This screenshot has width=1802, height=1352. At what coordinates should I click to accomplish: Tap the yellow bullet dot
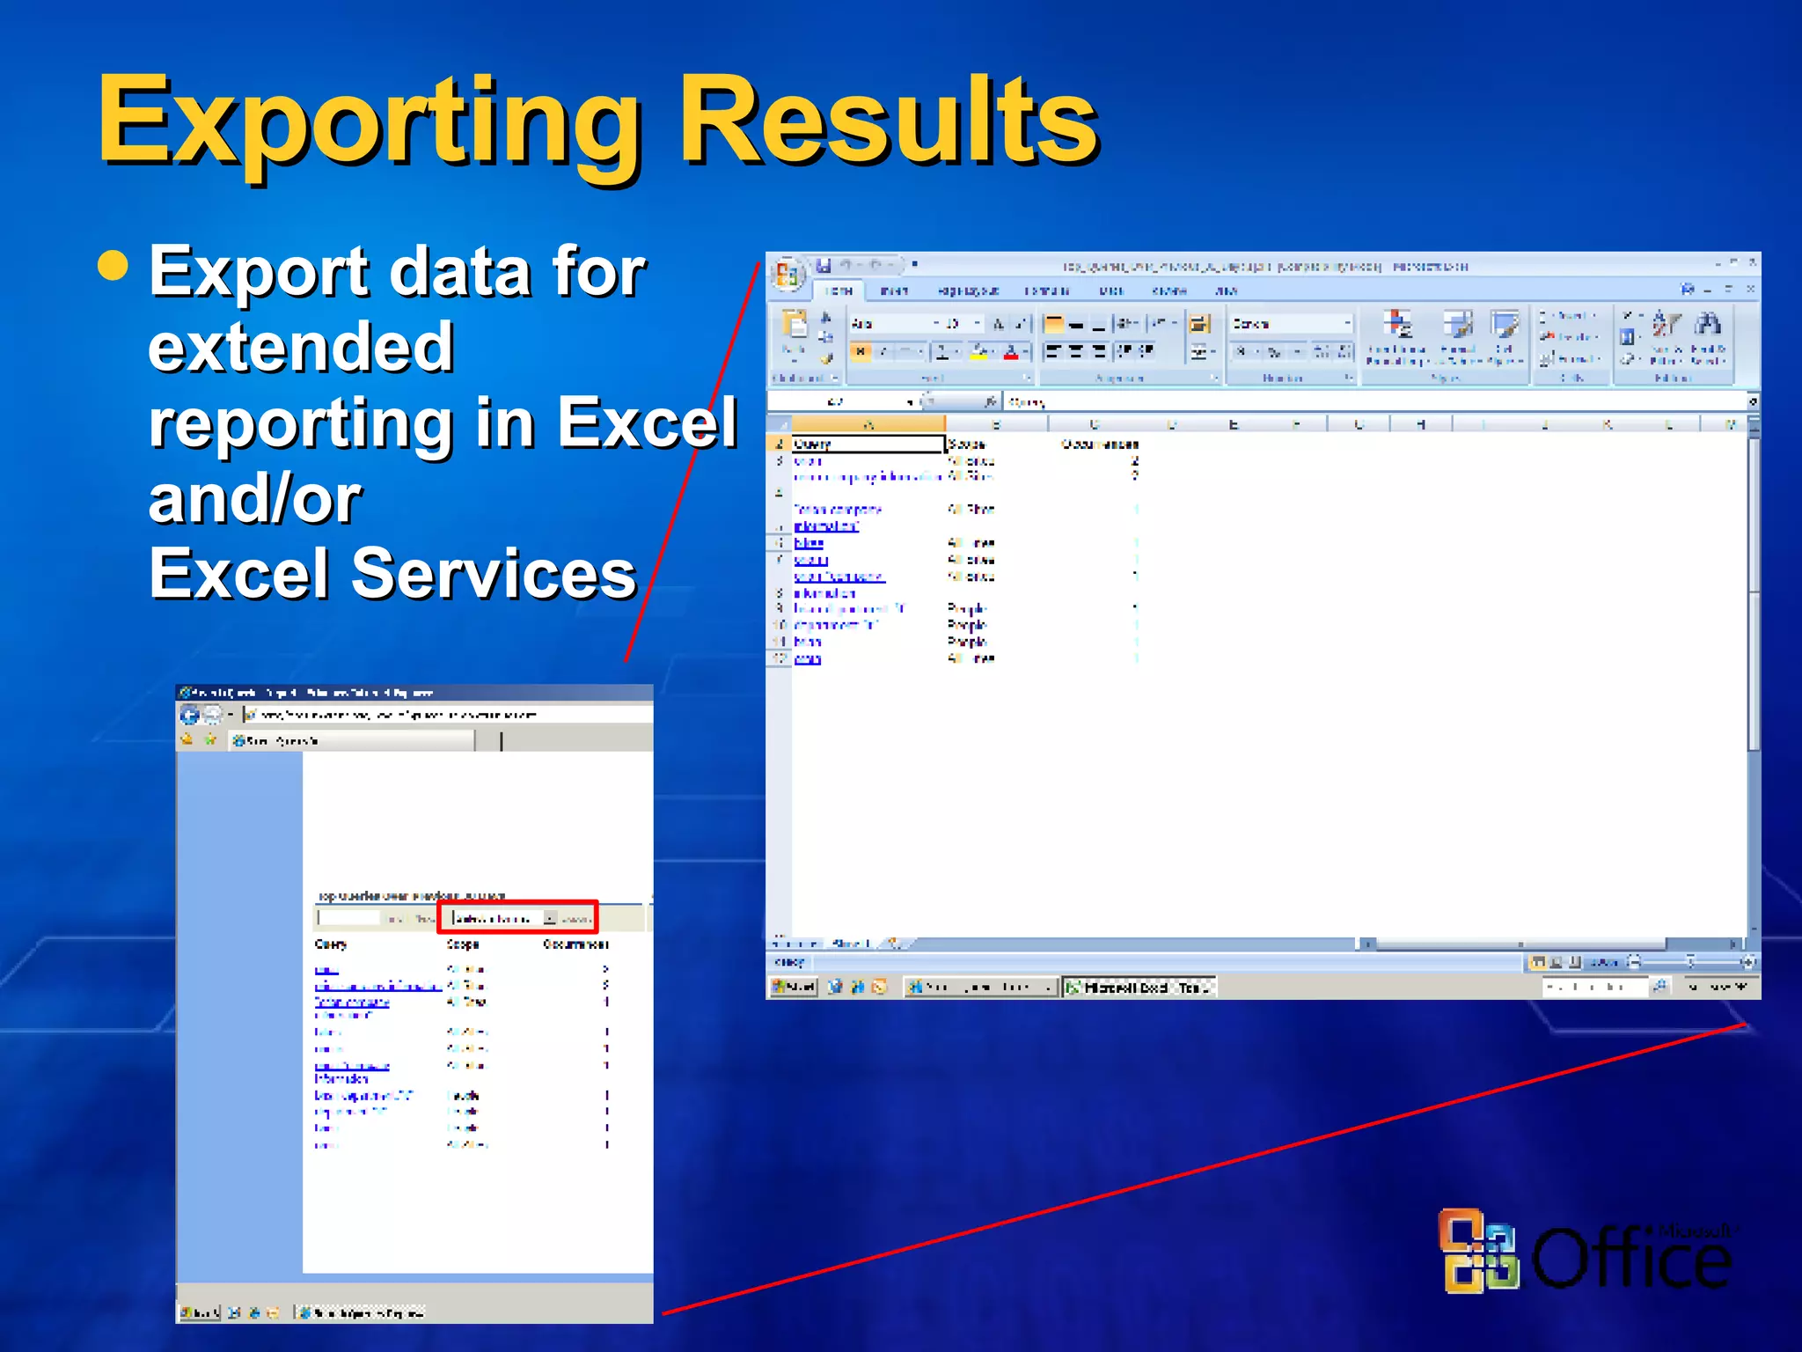pyautogui.click(x=113, y=264)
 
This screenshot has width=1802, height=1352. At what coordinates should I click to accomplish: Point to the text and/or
pyautogui.click(x=255, y=498)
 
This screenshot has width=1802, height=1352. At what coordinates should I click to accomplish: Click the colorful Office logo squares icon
pyautogui.click(x=1478, y=1250)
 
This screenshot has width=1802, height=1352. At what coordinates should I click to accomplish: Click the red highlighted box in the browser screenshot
pyautogui.click(x=517, y=917)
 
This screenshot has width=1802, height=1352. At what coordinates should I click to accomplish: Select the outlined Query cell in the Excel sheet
pyautogui.click(x=867, y=444)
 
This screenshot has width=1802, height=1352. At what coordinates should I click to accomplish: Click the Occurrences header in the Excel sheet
pyautogui.click(x=1099, y=444)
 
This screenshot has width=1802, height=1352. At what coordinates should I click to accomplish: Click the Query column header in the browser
pyautogui.click(x=331, y=944)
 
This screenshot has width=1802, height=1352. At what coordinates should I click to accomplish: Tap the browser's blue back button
pyautogui.click(x=189, y=715)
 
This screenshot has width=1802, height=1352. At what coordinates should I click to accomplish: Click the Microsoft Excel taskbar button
pyautogui.click(x=1139, y=988)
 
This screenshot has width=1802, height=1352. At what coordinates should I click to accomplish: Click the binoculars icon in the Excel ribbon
pyautogui.click(x=1708, y=324)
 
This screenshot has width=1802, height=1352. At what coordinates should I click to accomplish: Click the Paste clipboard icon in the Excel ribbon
pyautogui.click(x=794, y=326)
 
